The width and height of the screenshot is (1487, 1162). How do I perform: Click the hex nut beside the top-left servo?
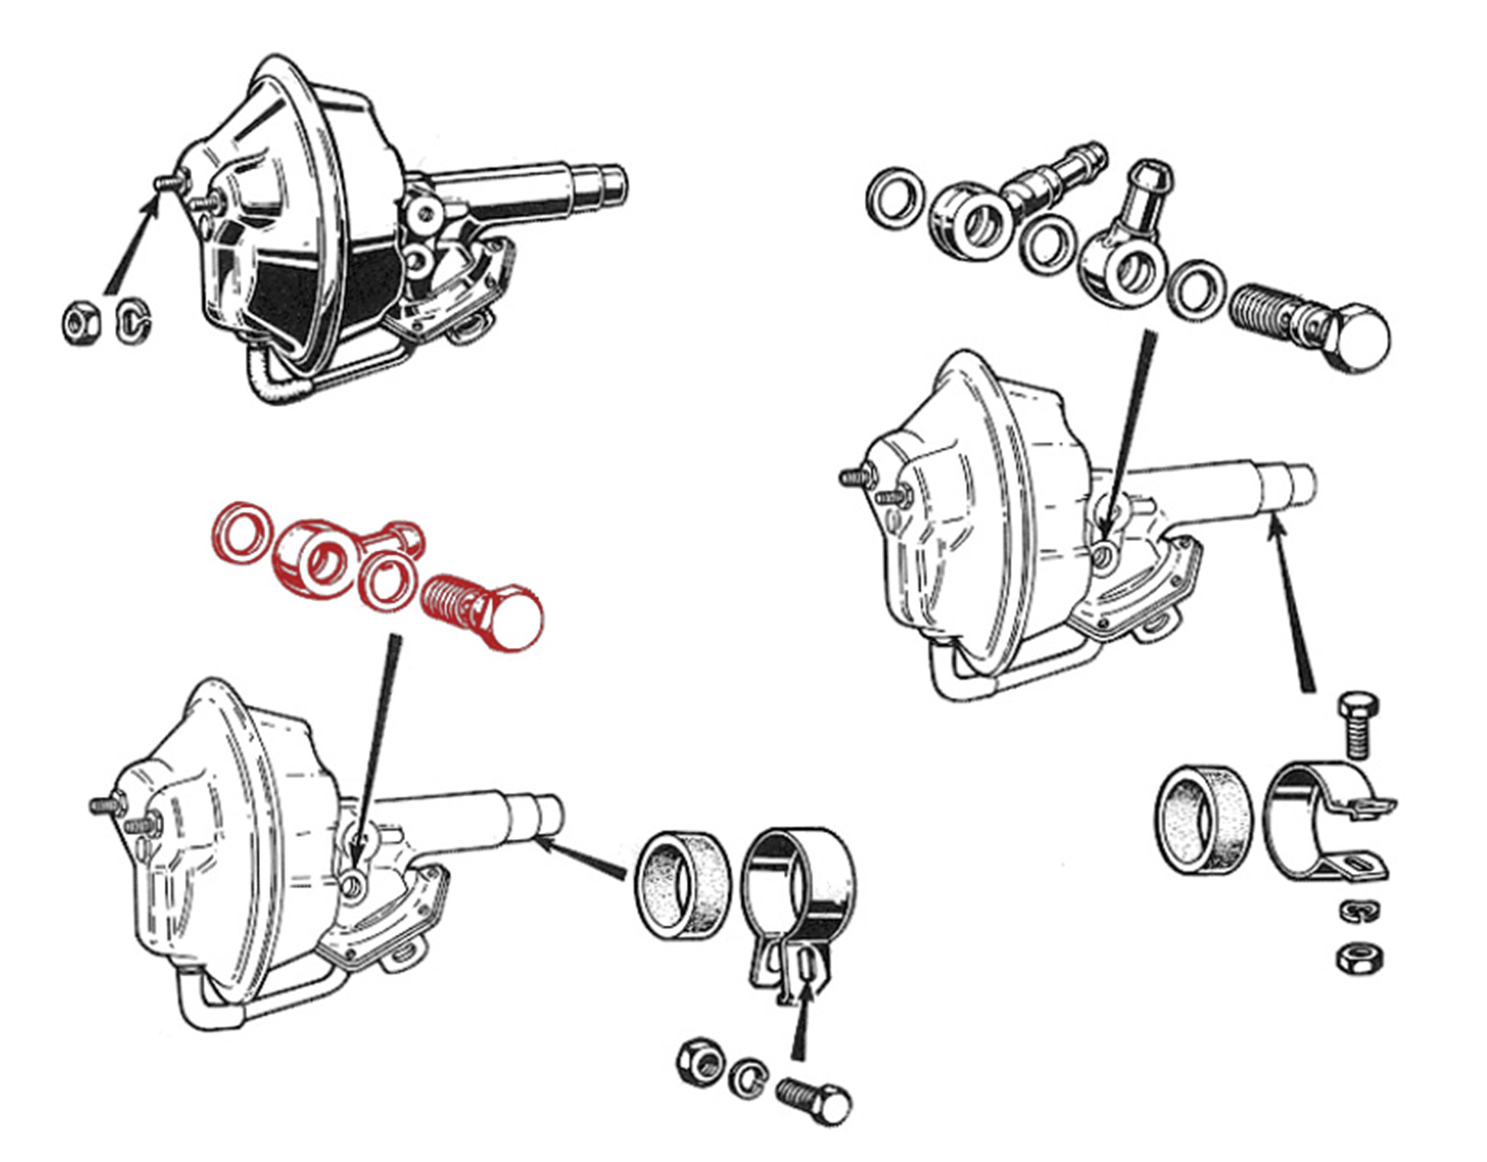pyautogui.click(x=81, y=324)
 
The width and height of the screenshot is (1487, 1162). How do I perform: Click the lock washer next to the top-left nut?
pyautogui.click(x=133, y=322)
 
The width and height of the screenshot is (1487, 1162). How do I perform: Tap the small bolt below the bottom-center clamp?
pyautogui.click(x=815, y=1100)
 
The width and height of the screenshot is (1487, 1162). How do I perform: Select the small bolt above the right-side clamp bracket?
pyautogui.click(x=1358, y=723)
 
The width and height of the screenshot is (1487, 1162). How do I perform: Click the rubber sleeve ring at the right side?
pyautogui.click(x=1203, y=820)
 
